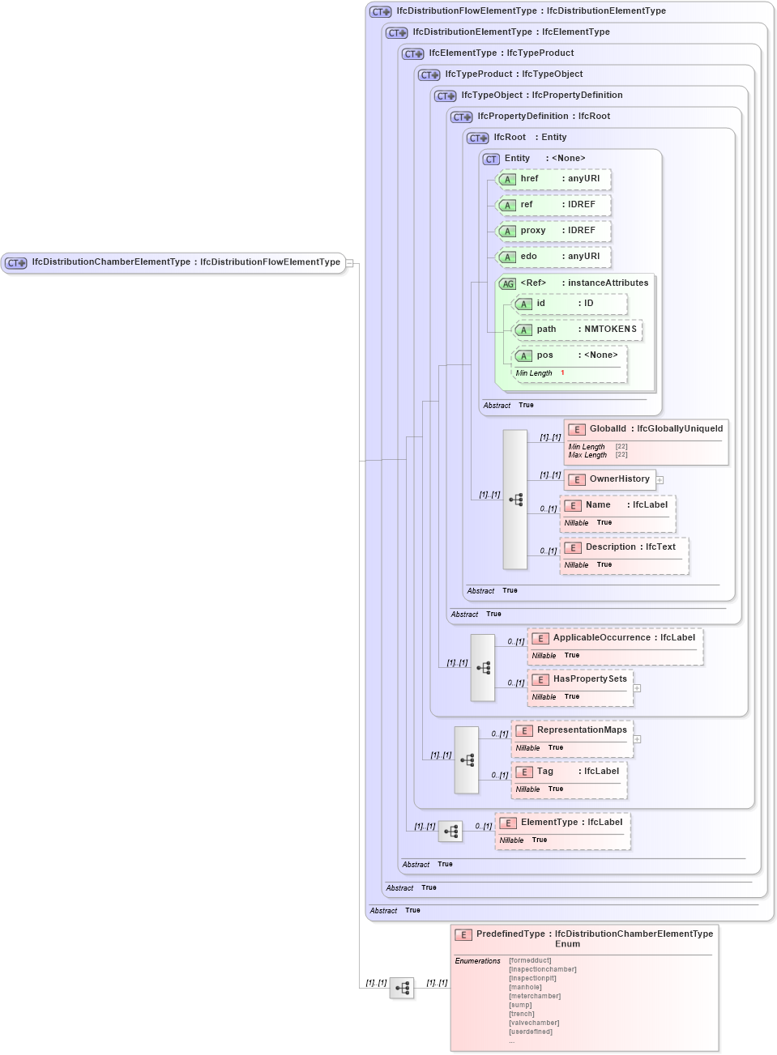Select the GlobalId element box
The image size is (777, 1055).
(645, 429)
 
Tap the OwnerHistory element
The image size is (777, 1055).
(610, 479)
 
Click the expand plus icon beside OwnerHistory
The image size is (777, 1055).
(660, 480)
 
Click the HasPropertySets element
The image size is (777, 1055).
(580, 679)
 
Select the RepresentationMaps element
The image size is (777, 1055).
(572, 730)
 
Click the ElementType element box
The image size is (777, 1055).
(562, 823)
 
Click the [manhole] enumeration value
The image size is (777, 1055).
(525, 987)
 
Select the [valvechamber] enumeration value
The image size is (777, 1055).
(534, 1023)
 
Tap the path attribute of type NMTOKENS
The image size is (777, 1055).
(578, 330)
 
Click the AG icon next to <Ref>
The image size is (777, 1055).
(507, 284)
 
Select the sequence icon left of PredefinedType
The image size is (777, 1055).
(402, 988)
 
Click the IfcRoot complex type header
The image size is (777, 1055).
(510, 138)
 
